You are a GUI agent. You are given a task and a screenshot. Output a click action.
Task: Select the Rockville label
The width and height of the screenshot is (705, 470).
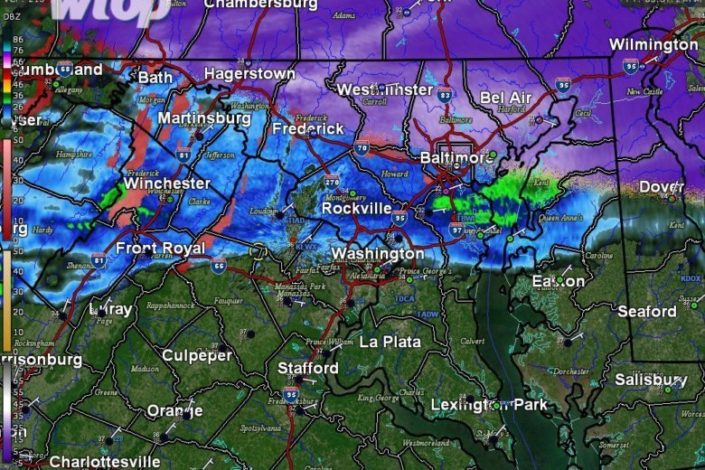tap(358, 209)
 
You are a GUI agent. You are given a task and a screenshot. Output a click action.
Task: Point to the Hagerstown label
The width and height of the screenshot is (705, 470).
tap(249, 73)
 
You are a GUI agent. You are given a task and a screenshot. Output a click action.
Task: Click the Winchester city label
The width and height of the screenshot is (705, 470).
tap(167, 183)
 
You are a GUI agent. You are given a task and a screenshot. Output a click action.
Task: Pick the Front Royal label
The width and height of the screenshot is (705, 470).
tap(160, 248)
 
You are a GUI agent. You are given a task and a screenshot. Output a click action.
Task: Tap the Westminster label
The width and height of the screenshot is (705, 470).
tap(384, 89)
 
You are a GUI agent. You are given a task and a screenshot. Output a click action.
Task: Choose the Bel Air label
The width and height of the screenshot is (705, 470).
tap(506, 98)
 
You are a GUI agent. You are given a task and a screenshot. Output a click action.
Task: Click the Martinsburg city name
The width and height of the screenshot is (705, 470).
tap(204, 118)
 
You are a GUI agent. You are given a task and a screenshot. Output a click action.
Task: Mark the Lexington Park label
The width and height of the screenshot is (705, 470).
tap(489, 405)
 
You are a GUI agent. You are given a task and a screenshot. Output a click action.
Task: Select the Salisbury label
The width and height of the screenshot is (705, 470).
tap(651, 380)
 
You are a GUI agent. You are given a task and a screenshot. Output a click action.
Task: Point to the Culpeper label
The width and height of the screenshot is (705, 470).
tap(197, 355)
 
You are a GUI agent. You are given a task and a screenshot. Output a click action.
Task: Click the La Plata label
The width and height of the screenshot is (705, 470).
tap(390, 342)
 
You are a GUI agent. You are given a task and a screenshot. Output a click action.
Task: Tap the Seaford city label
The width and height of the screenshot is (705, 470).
tap(647, 312)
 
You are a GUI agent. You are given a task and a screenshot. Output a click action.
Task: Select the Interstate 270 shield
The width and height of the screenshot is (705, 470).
tap(333, 182)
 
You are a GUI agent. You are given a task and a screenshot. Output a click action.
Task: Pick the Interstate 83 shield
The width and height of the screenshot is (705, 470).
tap(444, 94)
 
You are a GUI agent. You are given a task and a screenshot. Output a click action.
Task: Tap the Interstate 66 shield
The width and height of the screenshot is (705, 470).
tap(219, 265)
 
